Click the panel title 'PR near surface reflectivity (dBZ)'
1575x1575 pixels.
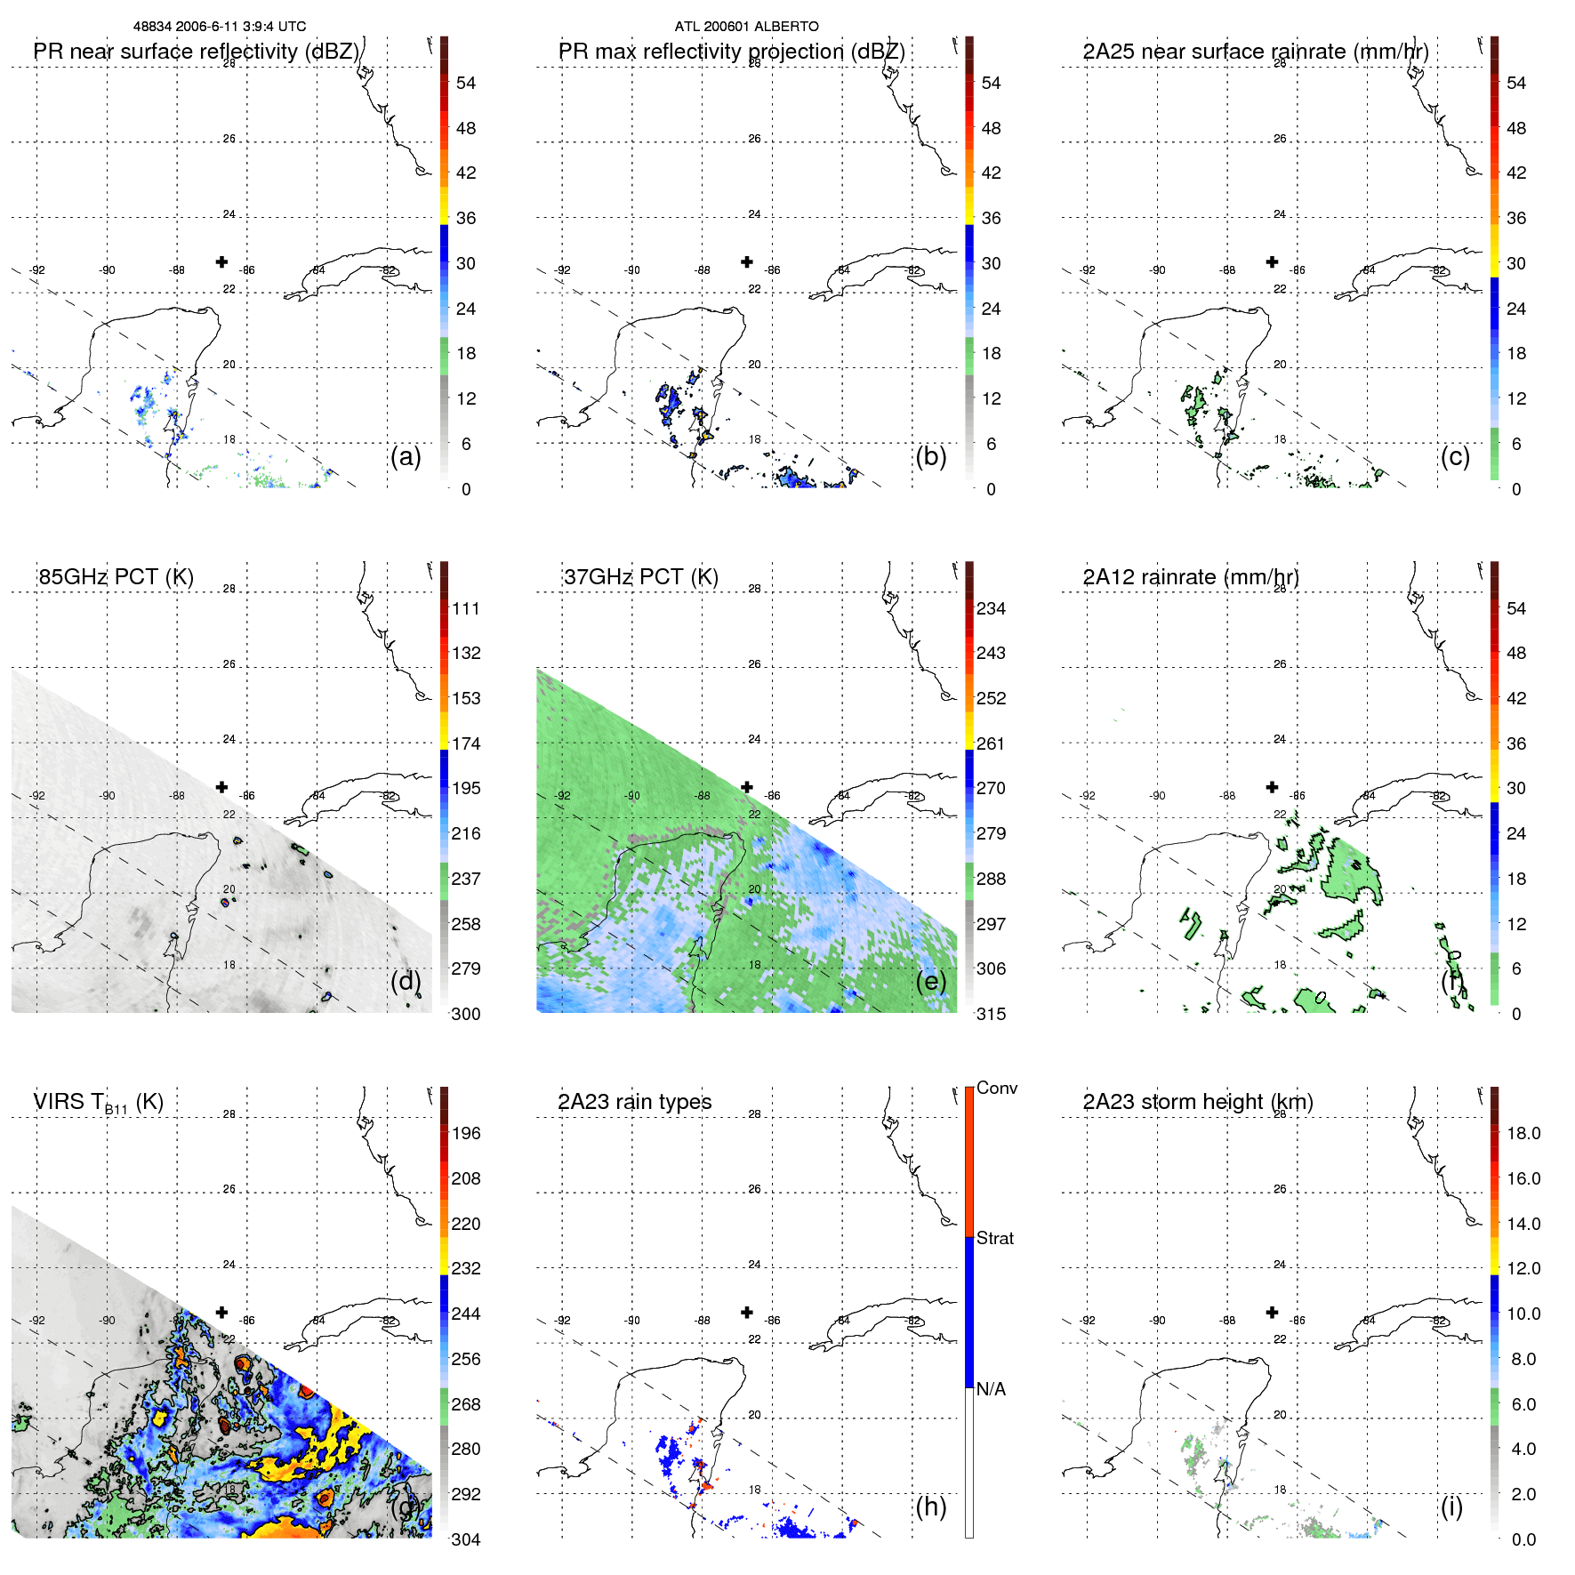[196, 52]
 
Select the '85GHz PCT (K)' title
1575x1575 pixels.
[116, 577]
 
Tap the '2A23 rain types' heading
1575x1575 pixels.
[634, 1102]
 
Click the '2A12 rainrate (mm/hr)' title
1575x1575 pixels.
[1191, 577]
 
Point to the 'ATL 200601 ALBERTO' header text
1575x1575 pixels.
[746, 27]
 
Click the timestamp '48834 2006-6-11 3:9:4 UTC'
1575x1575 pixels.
[220, 27]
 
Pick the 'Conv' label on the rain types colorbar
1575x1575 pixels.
[996, 1088]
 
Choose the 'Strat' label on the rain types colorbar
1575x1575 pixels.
[994, 1238]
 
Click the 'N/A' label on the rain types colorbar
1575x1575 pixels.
[991, 1389]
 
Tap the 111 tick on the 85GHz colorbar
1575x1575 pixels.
[466, 608]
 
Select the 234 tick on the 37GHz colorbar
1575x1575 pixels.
[991, 608]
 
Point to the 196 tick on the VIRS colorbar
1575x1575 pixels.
[466, 1133]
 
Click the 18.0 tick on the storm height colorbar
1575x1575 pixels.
[1523, 1133]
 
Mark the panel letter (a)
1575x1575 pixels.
[406, 456]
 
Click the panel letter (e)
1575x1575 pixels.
[930, 981]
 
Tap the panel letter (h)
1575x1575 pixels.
[930, 1506]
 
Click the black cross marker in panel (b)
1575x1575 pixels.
[747, 261]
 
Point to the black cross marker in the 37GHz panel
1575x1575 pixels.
[747, 787]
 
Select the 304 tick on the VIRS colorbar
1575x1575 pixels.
[465, 1539]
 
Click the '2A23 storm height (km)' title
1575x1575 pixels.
[1198, 1102]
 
